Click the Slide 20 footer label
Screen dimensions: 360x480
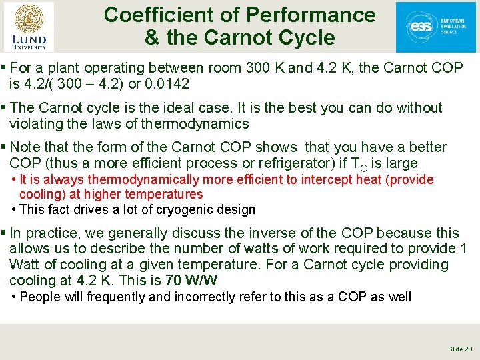[460, 349]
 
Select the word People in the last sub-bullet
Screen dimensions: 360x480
[41, 297]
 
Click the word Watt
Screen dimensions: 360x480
[25, 265]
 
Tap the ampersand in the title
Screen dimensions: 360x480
[152, 38]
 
